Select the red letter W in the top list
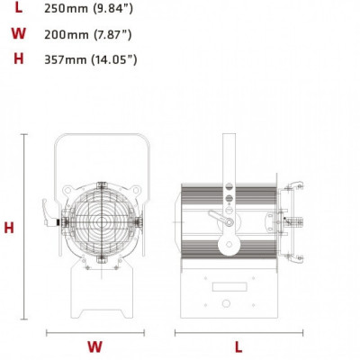pos(18,34)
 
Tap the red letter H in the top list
pos(19,59)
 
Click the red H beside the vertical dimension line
pos(9,228)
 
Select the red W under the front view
pos(94,346)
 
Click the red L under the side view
pos(238,346)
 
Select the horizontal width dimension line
pos(94,332)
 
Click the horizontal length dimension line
pos(238,332)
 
